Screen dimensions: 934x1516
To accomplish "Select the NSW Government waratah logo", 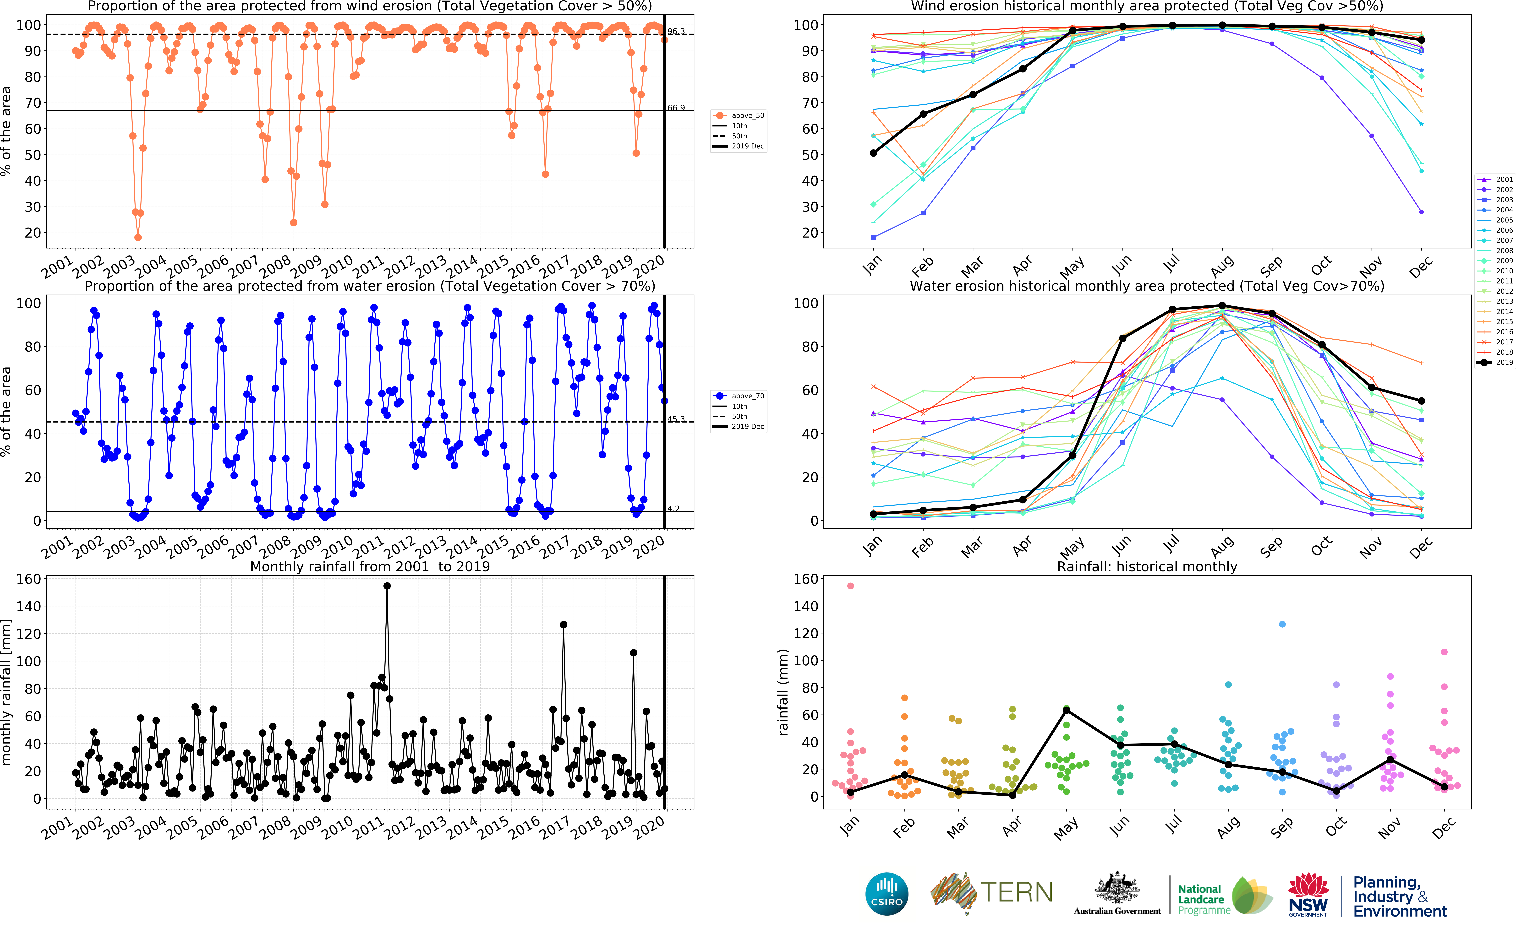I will (1308, 894).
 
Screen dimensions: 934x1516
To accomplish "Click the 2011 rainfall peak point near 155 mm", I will (387, 586).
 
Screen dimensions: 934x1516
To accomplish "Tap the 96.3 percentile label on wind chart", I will (676, 32).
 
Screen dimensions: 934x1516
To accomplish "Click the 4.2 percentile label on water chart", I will (673, 508).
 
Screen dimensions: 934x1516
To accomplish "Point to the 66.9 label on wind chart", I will (676, 108).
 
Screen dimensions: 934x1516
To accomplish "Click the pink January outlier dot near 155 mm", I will (851, 586).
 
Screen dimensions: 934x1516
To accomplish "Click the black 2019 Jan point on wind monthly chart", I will (874, 153).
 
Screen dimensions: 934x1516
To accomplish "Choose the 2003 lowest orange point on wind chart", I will (138, 237).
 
